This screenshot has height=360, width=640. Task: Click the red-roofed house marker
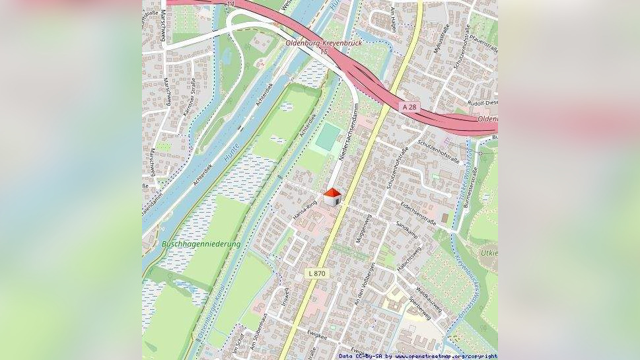click(x=332, y=196)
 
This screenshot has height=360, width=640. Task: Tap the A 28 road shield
click(x=410, y=106)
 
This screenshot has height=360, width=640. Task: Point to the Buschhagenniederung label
click(x=201, y=244)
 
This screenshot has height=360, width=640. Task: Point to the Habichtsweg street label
click(x=408, y=260)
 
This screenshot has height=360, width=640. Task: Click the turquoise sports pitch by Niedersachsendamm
click(x=328, y=137)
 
